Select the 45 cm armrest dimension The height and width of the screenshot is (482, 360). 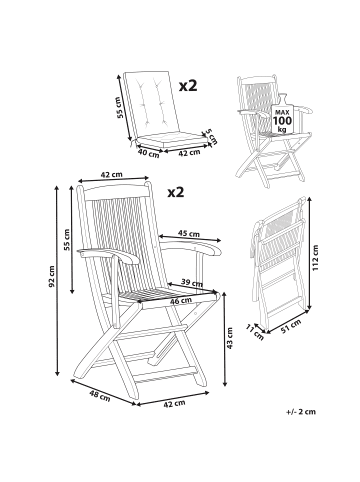pos(186,235)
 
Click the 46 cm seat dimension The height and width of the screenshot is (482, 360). pos(181,300)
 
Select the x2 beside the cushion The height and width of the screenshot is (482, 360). pos(187,87)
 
